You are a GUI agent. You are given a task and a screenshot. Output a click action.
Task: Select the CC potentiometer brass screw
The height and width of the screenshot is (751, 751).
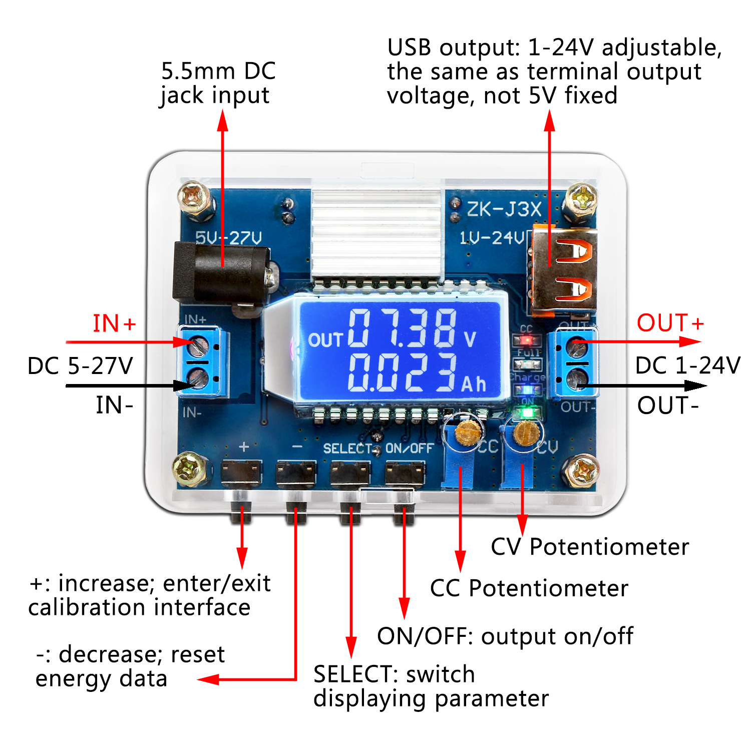pyautogui.click(x=469, y=432)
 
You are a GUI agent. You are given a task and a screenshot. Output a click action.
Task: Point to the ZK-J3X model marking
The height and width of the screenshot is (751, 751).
pyautogui.click(x=504, y=209)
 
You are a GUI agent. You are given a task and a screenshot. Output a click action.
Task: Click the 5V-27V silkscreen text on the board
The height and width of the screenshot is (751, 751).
pyautogui.click(x=228, y=238)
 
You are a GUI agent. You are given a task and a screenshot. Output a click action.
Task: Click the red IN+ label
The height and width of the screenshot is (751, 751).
pyautogui.click(x=114, y=323)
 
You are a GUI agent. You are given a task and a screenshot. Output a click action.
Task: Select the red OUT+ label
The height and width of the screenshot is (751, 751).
pyautogui.click(x=670, y=323)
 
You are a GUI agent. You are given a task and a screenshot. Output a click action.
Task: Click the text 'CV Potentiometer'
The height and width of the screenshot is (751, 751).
pyautogui.click(x=589, y=547)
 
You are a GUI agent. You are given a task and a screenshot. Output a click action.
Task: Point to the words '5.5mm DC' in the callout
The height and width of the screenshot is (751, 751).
pyautogui.click(x=218, y=71)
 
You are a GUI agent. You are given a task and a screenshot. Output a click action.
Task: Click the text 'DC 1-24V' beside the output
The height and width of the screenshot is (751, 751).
pyautogui.click(x=687, y=365)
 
